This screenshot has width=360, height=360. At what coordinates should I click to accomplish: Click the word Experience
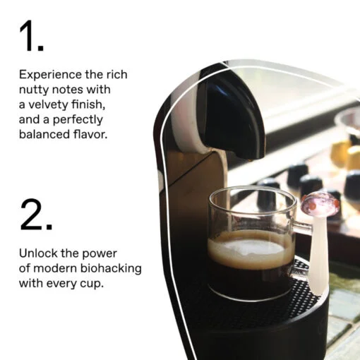tap(50, 75)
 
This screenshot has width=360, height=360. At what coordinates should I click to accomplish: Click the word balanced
tap(44, 134)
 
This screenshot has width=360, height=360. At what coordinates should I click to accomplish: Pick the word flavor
tap(90, 134)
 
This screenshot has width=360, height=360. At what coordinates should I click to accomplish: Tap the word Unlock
tap(38, 253)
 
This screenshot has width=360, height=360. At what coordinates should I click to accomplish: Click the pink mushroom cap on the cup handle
tap(320, 204)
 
